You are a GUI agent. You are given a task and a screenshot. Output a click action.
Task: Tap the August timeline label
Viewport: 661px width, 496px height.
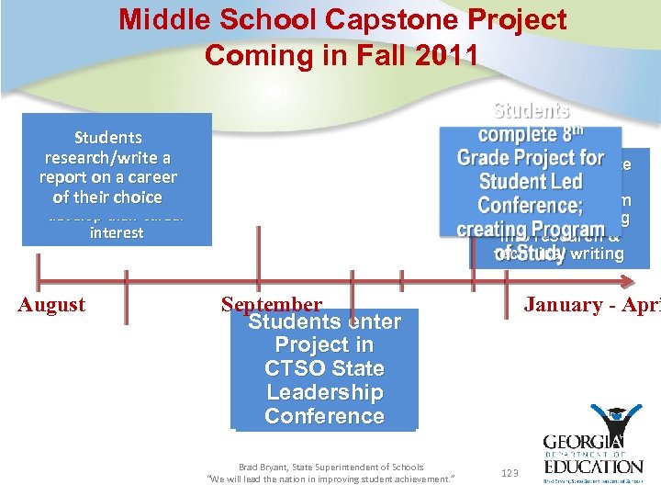point(51,305)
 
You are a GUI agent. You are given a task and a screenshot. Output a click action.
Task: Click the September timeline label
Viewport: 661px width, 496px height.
point(272,304)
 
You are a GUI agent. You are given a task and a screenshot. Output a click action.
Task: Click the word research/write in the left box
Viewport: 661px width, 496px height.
point(107,157)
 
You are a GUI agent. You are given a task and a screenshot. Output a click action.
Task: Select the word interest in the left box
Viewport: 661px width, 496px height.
point(117,233)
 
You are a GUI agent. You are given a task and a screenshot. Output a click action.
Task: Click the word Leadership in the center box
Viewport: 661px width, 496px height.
point(324,392)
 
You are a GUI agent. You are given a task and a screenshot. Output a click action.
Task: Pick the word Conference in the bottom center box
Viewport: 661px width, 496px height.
point(324,416)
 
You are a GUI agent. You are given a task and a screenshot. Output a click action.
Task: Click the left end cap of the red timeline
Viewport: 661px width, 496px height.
point(38,279)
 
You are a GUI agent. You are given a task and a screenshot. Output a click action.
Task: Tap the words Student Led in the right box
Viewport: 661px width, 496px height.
point(530,182)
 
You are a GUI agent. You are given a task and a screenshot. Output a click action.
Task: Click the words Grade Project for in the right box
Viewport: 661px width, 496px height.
point(530,158)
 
